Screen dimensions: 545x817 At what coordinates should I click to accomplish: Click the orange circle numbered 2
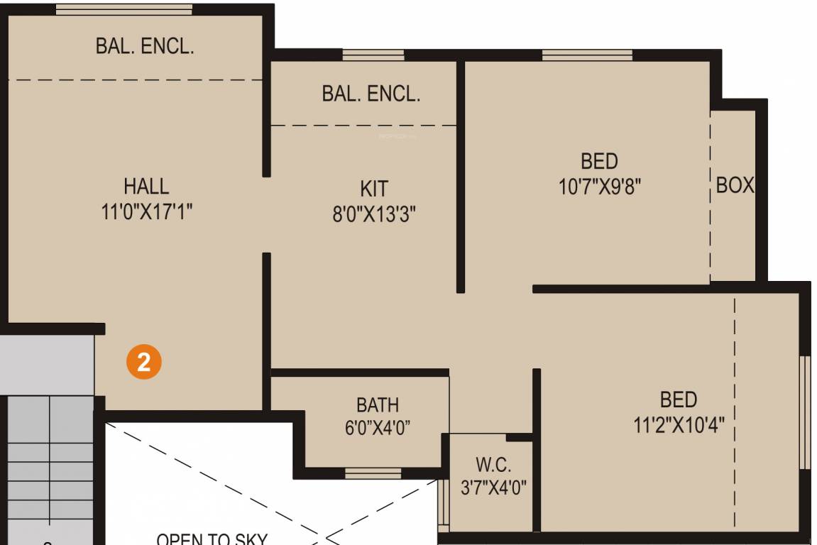coord(144,363)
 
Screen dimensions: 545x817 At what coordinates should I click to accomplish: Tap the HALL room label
coord(147,187)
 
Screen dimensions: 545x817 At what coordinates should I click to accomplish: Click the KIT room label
coord(374,189)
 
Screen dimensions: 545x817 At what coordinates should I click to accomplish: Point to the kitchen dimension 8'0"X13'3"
coord(374,214)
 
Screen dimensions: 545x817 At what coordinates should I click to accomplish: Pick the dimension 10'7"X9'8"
coord(600,186)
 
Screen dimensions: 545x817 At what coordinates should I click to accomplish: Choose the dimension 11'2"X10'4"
coord(679,424)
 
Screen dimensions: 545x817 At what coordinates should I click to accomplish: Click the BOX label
coord(735,185)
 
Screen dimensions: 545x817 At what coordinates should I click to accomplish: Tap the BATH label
coord(378,405)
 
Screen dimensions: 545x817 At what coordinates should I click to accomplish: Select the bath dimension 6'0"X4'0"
coord(378,428)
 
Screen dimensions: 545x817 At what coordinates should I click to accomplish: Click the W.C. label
coord(493,465)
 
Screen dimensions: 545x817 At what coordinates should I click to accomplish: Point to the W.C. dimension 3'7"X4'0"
coord(493,488)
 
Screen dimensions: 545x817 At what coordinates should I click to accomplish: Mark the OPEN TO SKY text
coord(212,539)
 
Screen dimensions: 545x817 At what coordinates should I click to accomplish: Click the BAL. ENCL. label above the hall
coord(145,47)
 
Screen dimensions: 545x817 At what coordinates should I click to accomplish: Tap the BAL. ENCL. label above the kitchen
coord(371,94)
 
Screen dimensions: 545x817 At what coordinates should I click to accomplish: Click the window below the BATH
coord(373,473)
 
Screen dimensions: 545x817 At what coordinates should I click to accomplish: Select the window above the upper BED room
coord(587,55)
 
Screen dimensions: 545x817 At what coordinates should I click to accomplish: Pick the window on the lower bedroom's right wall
coord(805,412)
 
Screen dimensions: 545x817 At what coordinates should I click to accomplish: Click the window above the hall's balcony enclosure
coord(124,9)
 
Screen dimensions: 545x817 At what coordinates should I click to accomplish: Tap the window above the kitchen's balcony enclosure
coord(373,55)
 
